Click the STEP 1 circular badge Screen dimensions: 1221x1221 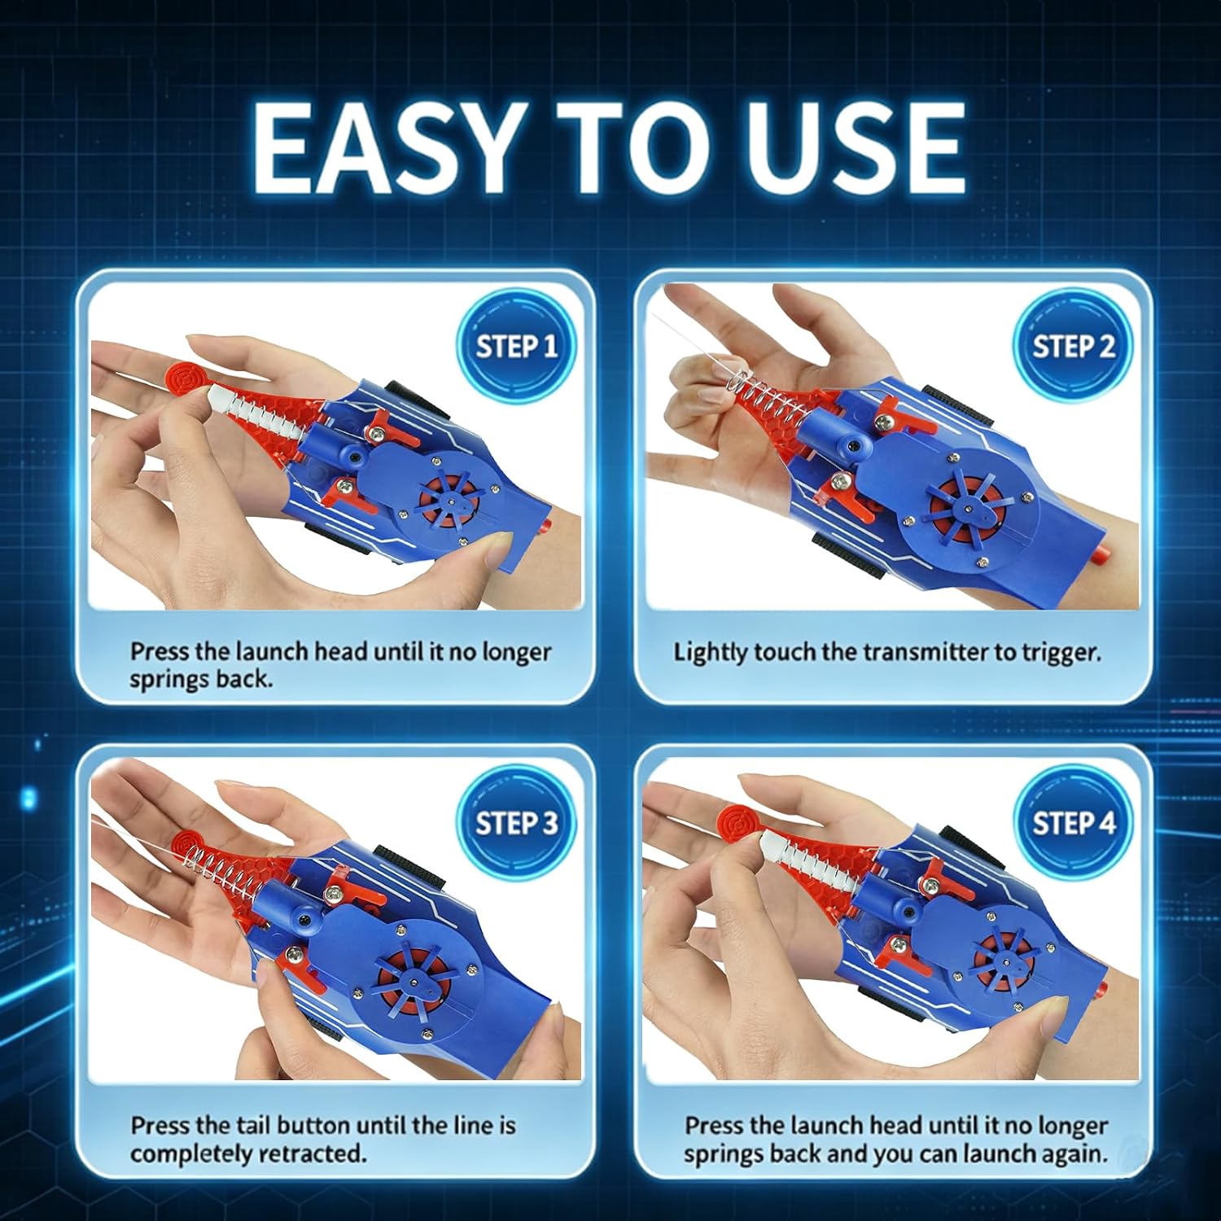click(x=517, y=345)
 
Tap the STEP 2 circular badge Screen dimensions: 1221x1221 click(x=1073, y=345)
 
